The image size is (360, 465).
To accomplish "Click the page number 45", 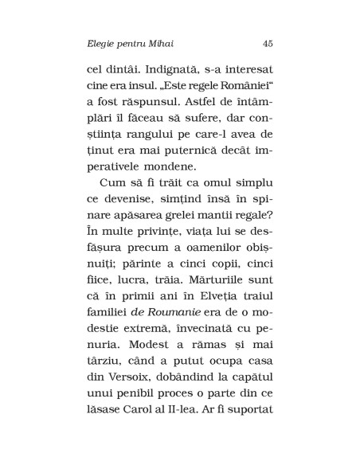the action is pos(267,42).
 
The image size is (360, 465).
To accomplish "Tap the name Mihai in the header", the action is pos(162,42).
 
